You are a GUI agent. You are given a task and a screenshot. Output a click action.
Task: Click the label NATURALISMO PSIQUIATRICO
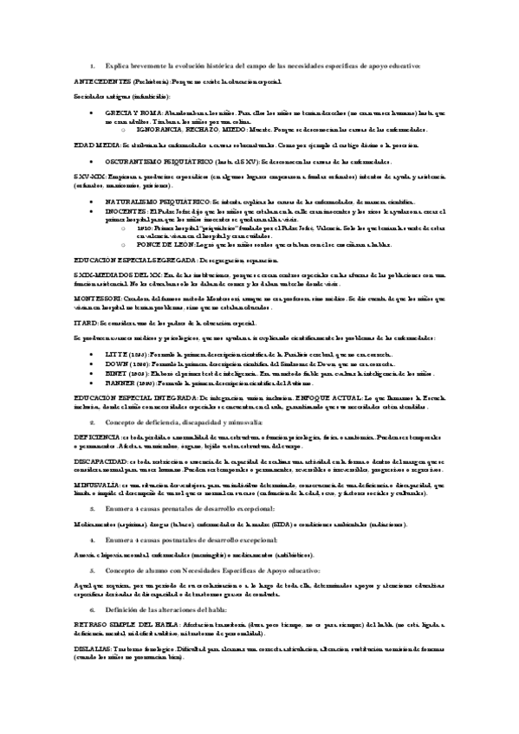click(161, 200)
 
